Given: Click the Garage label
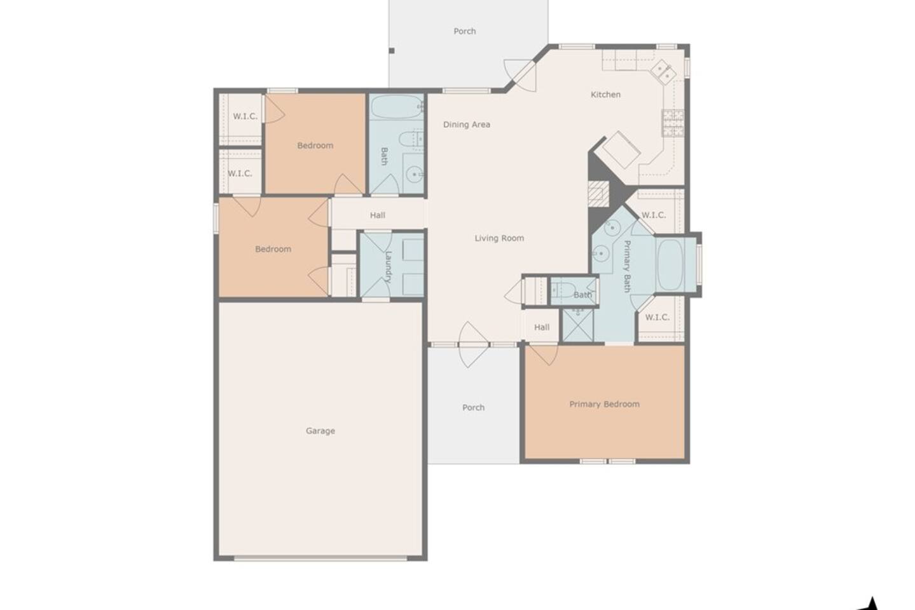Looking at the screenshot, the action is pos(320,431).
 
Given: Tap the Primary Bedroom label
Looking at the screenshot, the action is pos(604,404).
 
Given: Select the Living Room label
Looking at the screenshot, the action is pos(499,238).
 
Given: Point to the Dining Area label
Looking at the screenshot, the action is pos(467,125).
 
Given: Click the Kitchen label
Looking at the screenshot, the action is pos(605,94).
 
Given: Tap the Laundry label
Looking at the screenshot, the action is pos(388,267).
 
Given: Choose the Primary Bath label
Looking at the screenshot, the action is pos(626,266).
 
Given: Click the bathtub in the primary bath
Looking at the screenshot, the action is pos(670,264).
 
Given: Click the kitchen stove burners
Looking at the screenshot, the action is pos(672,123).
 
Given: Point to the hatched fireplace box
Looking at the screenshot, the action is pos(598,194).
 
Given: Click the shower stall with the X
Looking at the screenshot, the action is pos(578,325).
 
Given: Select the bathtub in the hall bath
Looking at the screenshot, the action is pos(396,107).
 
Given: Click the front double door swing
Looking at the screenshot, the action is pos(473,344).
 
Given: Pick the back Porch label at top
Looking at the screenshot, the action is pos(464,31).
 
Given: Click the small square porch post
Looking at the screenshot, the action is pos(391,51).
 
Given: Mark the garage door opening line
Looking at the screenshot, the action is pos(320,558).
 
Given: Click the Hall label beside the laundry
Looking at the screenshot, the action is pos(378,215).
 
